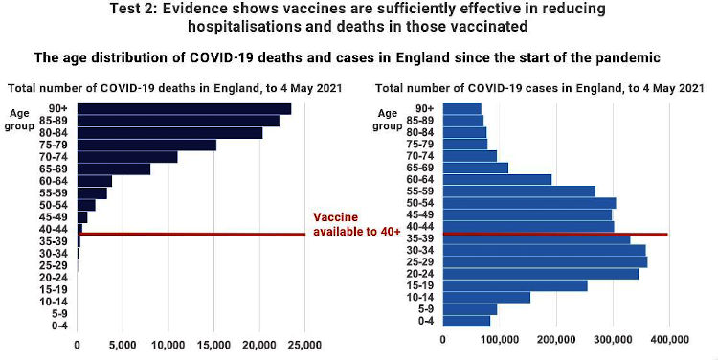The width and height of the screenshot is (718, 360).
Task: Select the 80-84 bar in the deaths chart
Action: coord(169,132)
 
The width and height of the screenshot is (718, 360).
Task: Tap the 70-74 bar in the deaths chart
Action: coord(127,156)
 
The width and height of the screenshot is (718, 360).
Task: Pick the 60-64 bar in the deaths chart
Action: coord(95,180)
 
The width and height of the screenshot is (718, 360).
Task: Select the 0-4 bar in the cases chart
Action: coord(466,321)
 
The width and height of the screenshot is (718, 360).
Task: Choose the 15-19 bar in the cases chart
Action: coord(515,285)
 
